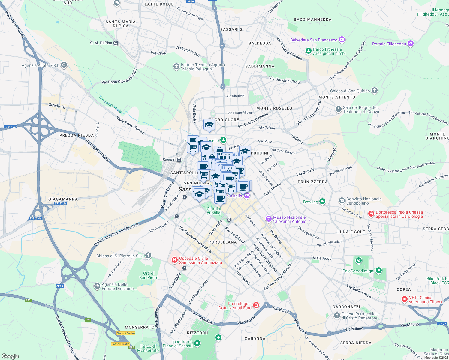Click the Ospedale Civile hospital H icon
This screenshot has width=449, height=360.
point(174,260)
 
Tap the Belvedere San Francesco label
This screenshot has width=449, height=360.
point(314,40)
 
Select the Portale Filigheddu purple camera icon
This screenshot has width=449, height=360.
point(411,44)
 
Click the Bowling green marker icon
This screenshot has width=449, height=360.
point(322,202)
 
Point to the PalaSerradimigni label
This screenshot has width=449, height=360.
point(358,271)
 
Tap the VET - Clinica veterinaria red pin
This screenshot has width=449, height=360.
point(405,299)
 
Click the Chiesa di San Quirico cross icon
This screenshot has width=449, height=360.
point(374,91)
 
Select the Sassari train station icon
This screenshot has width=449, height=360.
point(179,160)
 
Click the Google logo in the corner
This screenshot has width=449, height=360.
point(10,356)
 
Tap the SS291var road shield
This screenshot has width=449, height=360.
point(11,127)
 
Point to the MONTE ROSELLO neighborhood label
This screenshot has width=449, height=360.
point(274,108)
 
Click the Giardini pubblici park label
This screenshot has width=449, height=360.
point(214,211)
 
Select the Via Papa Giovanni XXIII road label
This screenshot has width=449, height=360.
point(119,76)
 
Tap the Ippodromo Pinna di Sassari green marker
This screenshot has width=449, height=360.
point(197,343)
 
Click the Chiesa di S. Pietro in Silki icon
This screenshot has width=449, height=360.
point(148,256)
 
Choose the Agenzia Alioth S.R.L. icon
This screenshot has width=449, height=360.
point(64,65)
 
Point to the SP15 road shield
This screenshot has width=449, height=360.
point(60,286)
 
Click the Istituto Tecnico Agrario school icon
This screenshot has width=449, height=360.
point(176,67)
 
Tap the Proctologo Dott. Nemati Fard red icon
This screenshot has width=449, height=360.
point(256,305)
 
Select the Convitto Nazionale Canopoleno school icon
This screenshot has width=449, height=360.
point(342,200)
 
